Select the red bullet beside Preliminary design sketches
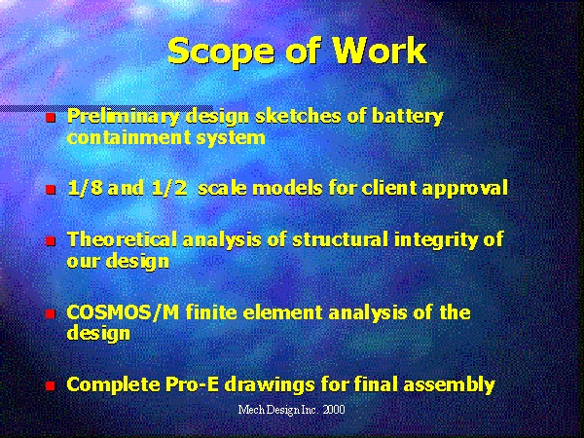(x=51, y=118)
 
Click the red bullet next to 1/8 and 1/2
(x=51, y=190)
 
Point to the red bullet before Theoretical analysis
(x=51, y=241)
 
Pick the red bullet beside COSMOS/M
(x=51, y=313)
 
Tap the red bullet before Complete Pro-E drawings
(x=51, y=385)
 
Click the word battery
(x=408, y=118)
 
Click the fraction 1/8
(x=86, y=188)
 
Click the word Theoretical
(x=122, y=239)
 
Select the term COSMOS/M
(x=123, y=312)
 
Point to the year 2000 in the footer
(x=334, y=410)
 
